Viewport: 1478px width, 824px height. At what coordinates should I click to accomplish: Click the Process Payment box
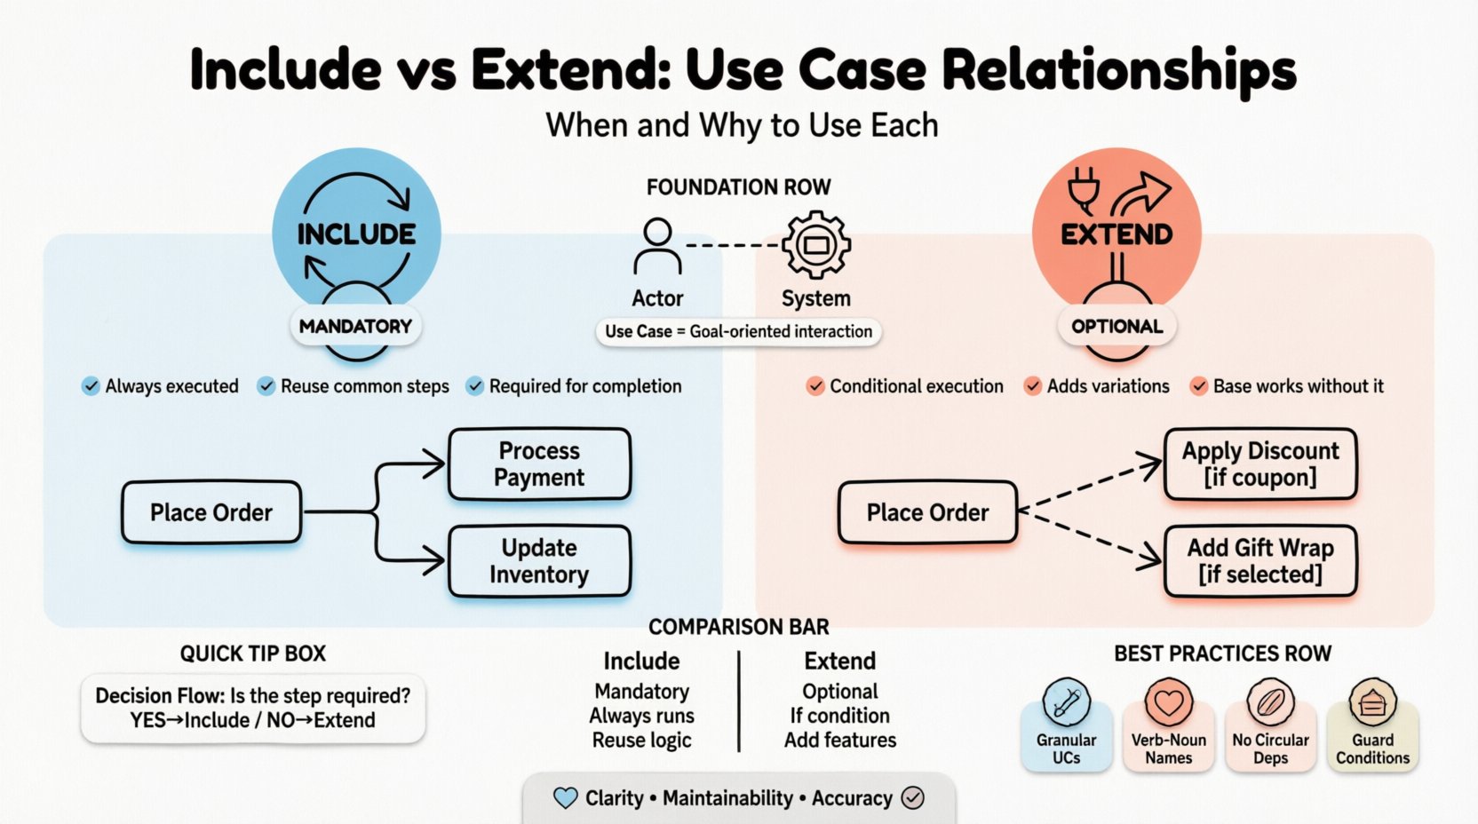coord(539,464)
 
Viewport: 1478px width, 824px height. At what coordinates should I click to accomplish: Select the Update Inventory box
coord(539,561)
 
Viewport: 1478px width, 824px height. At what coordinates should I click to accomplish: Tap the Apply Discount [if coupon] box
coord(1259,464)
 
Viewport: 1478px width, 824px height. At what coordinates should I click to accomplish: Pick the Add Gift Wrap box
coord(1259,561)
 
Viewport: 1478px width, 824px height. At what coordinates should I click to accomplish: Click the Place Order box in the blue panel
coord(211,512)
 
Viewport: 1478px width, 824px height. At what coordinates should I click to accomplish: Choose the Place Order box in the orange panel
coord(927,512)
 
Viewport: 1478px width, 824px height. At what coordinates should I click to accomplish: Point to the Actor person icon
coord(657,247)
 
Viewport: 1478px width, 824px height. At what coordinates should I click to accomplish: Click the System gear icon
coord(815,245)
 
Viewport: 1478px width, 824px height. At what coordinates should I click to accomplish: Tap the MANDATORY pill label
coord(355,326)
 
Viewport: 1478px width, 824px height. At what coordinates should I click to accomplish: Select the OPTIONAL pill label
coord(1116,326)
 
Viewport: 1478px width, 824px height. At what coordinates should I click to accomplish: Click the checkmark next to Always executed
coord(91,386)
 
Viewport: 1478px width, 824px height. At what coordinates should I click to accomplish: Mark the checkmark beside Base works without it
coord(1199,386)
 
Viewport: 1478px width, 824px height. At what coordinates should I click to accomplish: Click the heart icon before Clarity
coord(565,797)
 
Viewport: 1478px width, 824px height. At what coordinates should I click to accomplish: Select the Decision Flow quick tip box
coord(253,708)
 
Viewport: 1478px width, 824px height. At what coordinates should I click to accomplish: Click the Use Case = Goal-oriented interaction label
coord(738,331)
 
